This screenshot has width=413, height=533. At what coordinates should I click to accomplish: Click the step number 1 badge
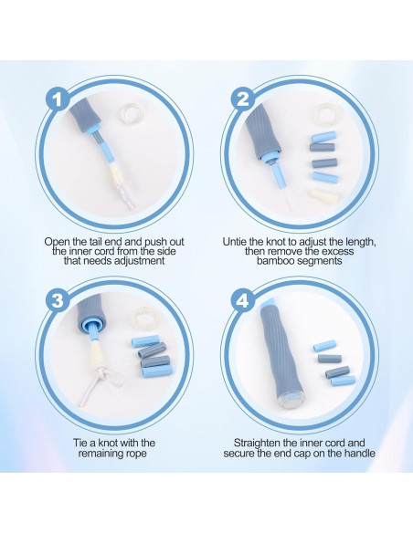[58, 99]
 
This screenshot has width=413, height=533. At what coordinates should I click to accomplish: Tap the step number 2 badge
[242, 99]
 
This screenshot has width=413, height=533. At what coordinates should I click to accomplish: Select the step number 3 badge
[58, 300]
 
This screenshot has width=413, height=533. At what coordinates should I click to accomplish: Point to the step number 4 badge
[242, 300]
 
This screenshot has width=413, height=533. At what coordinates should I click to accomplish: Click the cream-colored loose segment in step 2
[323, 196]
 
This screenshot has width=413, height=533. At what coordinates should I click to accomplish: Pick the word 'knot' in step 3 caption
[110, 443]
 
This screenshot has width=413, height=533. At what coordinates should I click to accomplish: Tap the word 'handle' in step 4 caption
[360, 453]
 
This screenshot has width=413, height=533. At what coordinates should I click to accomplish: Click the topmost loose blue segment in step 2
[323, 137]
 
